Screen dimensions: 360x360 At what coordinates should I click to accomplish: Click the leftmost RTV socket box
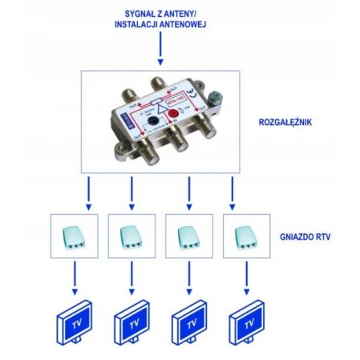click(x=73, y=237)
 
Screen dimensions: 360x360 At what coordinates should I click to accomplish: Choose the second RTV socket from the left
click(x=130, y=237)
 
